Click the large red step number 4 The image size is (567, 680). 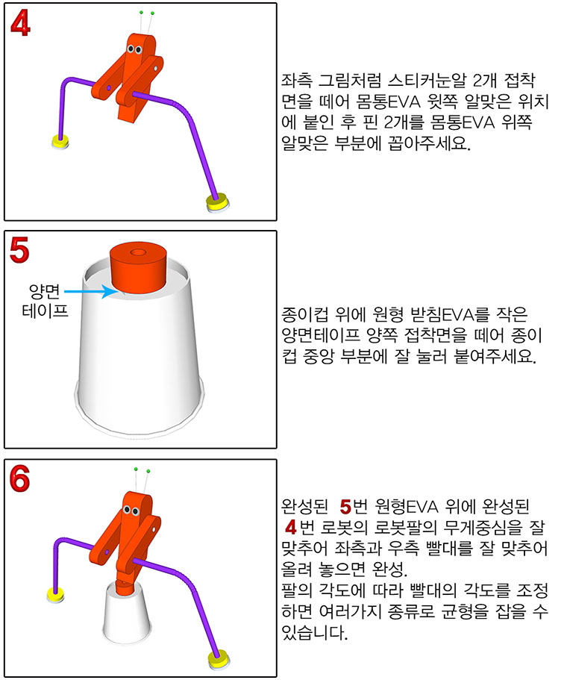tap(20, 22)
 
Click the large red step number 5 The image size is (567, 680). tap(19, 250)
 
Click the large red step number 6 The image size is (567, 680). tap(19, 478)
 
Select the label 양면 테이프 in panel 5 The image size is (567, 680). tap(45, 301)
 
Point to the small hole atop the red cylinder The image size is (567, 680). tap(138, 252)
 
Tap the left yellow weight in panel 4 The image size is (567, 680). tap(60, 141)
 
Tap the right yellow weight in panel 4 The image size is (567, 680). tap(217, 203)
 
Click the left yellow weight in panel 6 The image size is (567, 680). tap(55, 595)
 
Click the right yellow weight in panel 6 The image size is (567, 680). tap(219, 659)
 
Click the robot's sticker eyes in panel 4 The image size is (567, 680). tap(134, 50)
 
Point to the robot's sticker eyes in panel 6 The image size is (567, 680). tap(131, 511)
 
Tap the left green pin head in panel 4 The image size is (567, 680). tap(141, 13)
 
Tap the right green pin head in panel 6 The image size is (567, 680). tap(148, 471)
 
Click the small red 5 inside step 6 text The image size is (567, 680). tap(345, 507)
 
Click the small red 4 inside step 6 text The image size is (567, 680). tap(291, 527)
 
